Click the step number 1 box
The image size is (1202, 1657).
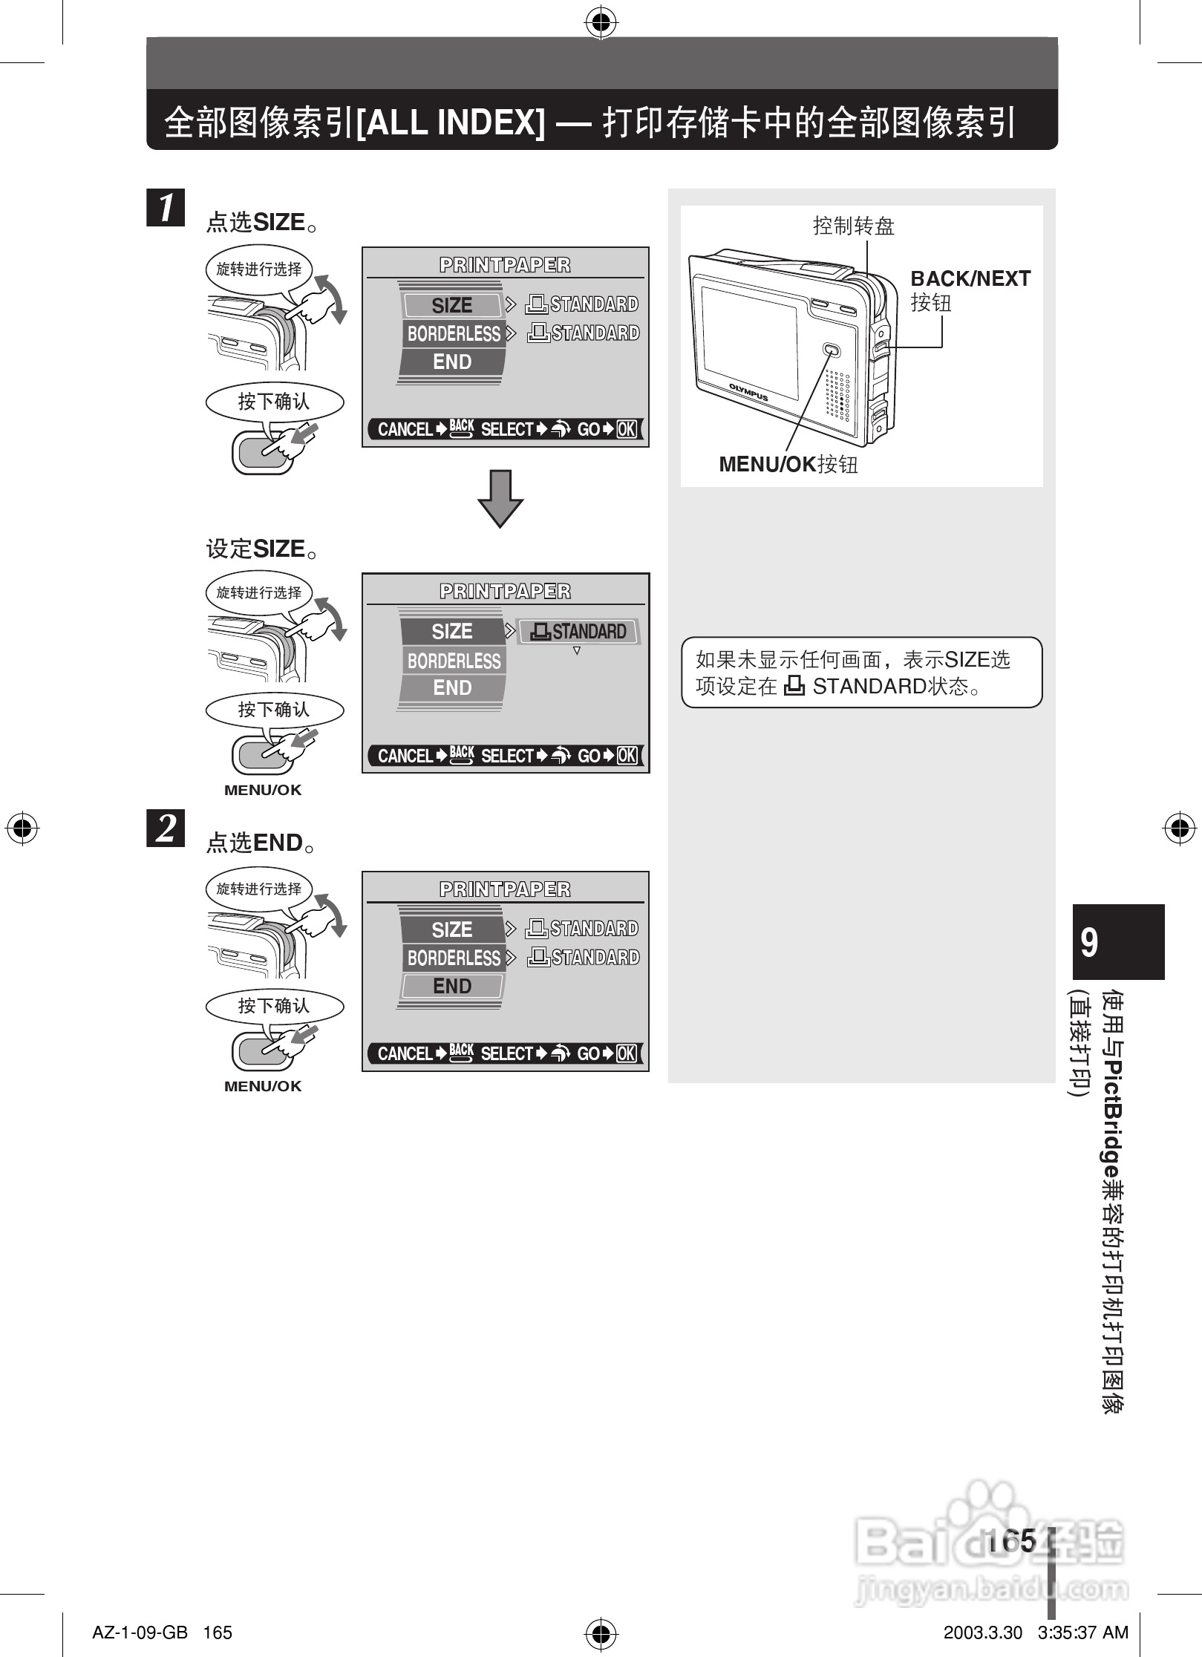[166, 207]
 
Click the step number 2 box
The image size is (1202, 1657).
[166, 828]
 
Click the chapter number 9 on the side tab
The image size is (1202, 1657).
[1089, 943]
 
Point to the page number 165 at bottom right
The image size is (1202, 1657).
[1011, 1541]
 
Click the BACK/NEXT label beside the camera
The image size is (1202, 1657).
[970, 279]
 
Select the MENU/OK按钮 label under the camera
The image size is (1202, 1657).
[788, 465]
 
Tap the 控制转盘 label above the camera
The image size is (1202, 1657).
[854, 226]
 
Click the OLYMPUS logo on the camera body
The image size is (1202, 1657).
[748, 392]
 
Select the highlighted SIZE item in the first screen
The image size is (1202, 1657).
[452, 305]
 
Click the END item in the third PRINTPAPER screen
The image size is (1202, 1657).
[452, 986]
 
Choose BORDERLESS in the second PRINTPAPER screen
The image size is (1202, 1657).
[454, 661]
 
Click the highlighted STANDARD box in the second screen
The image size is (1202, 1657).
[578, 632]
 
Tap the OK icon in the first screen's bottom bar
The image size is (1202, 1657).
[627, 429]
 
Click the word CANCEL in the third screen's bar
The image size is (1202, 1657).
[405, 1053]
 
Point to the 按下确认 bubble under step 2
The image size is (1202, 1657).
[274, 1006]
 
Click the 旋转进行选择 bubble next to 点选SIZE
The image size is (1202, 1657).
[258, 269]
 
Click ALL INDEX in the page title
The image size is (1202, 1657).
[451, 122]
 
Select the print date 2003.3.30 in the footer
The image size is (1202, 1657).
[982, 1633]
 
